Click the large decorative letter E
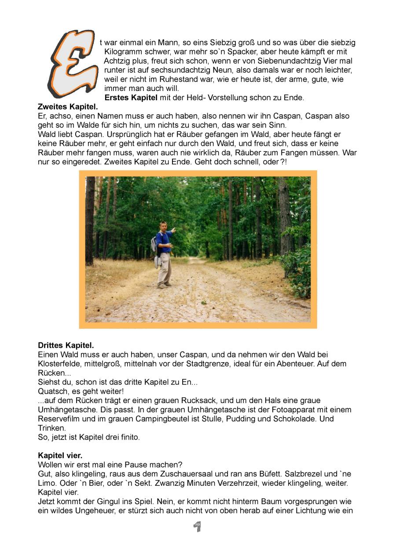pos(71,64)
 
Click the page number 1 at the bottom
pos(198,526)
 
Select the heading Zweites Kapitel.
pos(68,106)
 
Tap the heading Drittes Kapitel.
pos(66,345)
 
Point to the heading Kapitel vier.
pos(60,455)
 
